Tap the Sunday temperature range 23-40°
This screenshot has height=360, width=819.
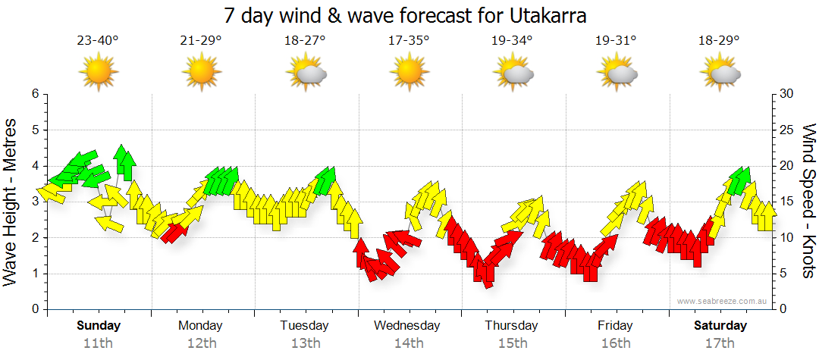click(x=98, y=41)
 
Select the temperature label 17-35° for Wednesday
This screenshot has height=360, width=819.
click(x=408, y=41)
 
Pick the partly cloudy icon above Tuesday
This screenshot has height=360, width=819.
click(x=306, y=72)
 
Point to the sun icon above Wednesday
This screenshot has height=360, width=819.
click(x=408, y=72)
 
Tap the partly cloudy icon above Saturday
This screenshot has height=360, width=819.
click(x=720, y=72)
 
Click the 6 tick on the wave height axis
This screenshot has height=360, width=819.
click(x=34, y=93)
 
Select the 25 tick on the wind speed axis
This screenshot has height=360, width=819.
click(x=786, y=130)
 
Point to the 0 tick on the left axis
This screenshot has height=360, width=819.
click(x=34, y=309)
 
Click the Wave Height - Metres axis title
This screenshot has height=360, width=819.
click(x=11, y=202)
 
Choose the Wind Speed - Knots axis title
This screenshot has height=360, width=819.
click(x=808, y=202)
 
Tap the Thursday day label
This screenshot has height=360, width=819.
click(x=511, y=326)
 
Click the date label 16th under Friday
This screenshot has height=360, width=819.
click(x=615, y=343)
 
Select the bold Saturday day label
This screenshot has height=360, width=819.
click(x=720, y=326)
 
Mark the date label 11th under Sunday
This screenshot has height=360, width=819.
click(x=98, y=343)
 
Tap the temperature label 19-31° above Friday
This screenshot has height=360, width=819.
click(x=615, y=41)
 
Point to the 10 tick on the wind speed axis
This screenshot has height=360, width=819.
click(x=786, y=237)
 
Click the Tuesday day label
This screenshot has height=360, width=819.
click(x=304, y=326)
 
